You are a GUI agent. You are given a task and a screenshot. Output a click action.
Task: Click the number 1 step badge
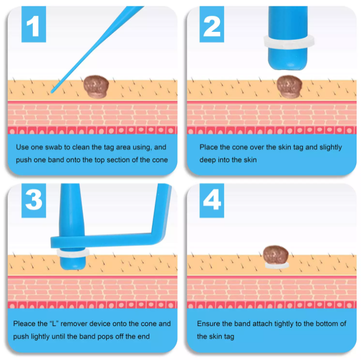34,24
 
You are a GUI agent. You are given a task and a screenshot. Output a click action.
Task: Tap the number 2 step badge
211,24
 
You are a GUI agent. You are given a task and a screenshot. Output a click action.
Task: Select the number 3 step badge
34,200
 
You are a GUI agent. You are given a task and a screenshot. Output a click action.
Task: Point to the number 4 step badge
211,200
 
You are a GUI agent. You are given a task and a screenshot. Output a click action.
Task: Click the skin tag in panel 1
96,86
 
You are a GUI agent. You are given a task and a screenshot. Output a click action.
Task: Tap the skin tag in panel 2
289,86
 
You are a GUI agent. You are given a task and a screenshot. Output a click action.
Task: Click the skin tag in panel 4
276,255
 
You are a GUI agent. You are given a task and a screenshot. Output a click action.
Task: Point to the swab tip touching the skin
52,92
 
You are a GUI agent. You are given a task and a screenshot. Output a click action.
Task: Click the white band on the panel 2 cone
289,42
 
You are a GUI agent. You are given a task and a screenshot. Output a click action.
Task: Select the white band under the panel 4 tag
277,266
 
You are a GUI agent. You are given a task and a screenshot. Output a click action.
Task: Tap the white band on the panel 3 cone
73,253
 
